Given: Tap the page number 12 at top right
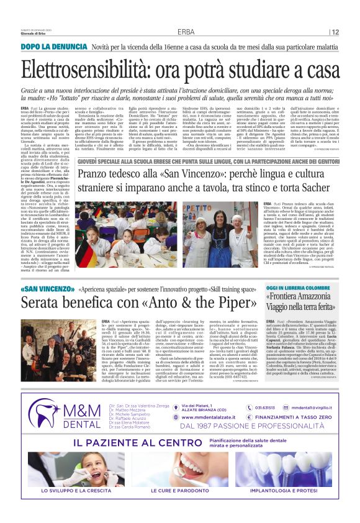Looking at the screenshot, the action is tap(335, 32).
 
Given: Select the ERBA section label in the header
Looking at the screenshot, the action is tap(185, 32).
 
